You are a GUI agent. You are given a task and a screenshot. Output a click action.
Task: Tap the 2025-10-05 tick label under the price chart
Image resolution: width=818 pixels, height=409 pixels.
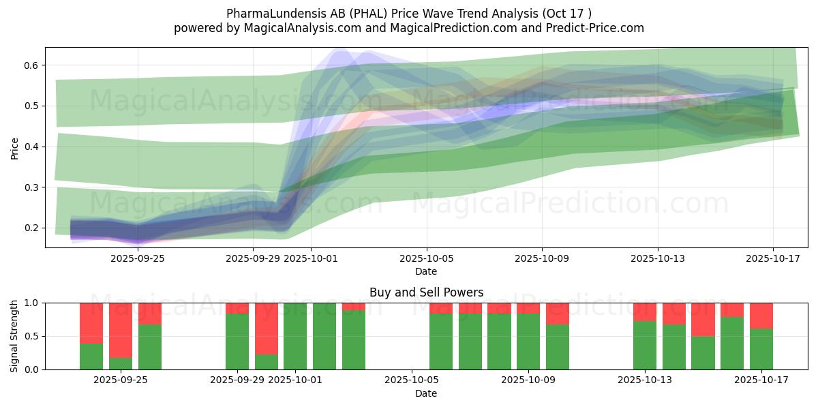(427, 258)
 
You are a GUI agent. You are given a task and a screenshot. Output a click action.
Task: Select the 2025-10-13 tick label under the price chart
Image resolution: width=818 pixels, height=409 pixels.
(658, 258)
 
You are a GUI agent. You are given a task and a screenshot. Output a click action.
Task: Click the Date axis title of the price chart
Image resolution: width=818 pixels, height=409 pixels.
(426, 271)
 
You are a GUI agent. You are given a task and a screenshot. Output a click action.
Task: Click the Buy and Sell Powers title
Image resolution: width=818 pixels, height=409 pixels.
(426, 292)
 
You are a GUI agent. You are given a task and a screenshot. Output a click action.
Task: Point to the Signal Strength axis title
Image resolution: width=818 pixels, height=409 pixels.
(14, 336)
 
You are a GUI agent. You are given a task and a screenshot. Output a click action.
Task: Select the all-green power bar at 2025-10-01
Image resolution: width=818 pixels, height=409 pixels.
(295, 336)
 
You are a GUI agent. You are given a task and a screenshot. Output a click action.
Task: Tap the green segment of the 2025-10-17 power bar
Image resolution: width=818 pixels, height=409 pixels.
(761, 349)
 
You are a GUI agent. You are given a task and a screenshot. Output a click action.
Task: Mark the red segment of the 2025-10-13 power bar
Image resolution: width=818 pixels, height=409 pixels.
(645, 312)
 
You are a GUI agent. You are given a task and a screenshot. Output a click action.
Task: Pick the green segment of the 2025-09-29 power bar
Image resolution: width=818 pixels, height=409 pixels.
(237, 342)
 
